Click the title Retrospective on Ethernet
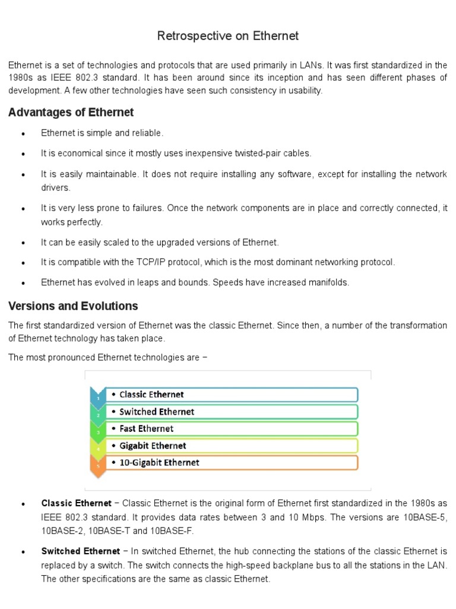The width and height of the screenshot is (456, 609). (228, 36)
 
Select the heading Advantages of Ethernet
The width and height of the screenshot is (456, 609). (71, 112)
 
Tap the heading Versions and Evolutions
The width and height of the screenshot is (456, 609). (73, 306)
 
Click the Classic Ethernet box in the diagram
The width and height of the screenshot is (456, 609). (232, 394)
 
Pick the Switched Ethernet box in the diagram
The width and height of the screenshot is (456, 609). (232, 412)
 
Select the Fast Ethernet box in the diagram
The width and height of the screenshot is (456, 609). (232, 428)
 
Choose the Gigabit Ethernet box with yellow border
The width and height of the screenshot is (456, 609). (232, 445)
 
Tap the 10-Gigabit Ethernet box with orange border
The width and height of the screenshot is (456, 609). (232, 462)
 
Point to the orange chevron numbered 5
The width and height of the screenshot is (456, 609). (97, 466)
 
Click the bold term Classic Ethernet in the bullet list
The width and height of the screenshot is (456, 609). (76, 503)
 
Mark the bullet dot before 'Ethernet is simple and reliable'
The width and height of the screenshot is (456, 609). (23, 134)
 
